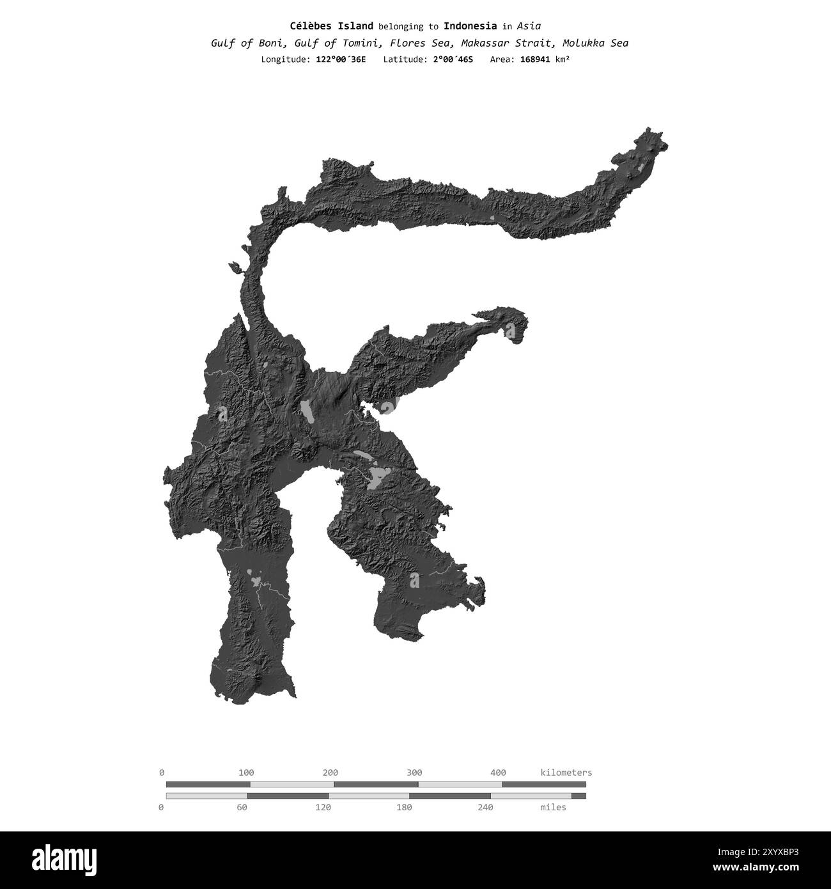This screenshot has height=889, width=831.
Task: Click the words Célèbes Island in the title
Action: [331, 26]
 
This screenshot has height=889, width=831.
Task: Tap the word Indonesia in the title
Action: [470, 26]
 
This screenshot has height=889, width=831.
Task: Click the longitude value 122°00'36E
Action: [341, 59]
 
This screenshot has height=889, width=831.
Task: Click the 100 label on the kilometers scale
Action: [246, 773]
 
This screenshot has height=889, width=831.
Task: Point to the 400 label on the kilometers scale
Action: [498, 773]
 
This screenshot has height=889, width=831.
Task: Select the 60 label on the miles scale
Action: [242, 807]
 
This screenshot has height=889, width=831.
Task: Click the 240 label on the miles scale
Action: [485, 807]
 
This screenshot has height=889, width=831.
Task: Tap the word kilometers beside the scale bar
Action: [566, 773]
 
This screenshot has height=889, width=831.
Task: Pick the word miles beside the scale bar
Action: [553, 807]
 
